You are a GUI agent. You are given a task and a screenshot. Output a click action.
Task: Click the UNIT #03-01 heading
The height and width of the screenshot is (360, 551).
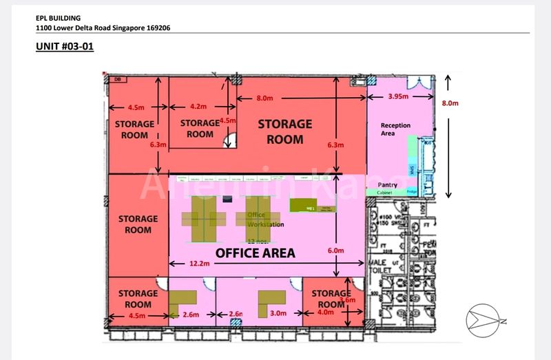(64, 47)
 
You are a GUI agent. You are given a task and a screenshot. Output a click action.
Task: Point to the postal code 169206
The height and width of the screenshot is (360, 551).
(156, 28)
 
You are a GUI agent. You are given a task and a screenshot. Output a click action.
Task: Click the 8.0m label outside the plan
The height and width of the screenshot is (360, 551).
(450, 103)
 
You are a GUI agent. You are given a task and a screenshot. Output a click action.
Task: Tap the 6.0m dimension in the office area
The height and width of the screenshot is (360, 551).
(335, 251)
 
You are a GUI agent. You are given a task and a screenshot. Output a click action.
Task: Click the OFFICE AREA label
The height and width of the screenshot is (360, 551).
(255, 253)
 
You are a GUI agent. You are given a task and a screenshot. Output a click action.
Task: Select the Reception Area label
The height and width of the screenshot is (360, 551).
(395, 129)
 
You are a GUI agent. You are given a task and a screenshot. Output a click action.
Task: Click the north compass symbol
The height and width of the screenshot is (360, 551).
(486, 319)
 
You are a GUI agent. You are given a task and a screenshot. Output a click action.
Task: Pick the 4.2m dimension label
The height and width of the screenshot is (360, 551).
(198, 107)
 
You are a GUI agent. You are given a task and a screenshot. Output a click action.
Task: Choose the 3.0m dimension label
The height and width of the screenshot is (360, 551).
(279, 314)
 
